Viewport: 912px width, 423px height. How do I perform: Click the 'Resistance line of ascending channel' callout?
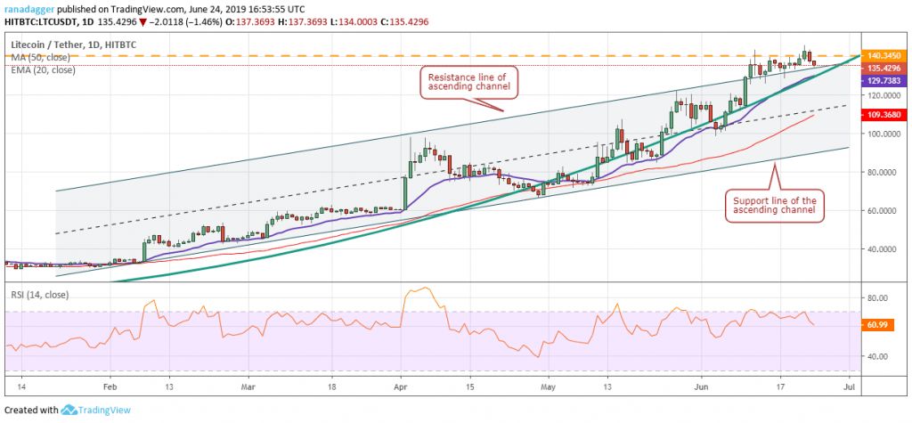pyautogui.click(x=466, y=83)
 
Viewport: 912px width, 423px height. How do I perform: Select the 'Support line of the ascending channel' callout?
pyautogui.click(x=773, y=206)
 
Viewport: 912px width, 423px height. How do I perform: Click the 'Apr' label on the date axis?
pyautogui.click(x=400, y=388)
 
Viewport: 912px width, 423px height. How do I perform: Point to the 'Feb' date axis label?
pyautogui.click(x=110, y=388)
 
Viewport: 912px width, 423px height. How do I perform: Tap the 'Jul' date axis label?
pyautogui.click(x=849, y=388)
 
